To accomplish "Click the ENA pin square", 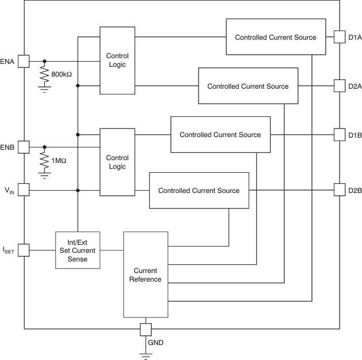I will coord(24,60).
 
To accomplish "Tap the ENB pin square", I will coord(24,147).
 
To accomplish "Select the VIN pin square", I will coord(24,190).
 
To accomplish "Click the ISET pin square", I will coord(24,250).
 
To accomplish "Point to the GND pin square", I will coord(146,329).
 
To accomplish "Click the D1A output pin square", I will coord(339,37).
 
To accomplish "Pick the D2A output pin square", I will coord(339,86).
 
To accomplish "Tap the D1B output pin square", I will coord(339,135).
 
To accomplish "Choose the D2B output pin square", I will coord(339,190).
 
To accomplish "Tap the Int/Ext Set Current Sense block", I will coord(78,250).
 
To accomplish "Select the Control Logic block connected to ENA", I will coord(117,60).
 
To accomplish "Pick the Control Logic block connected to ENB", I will coord(117,162).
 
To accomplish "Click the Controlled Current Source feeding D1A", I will coord(276,37).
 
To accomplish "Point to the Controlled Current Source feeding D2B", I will coord(199,190).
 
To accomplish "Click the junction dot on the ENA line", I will coord(44,60).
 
